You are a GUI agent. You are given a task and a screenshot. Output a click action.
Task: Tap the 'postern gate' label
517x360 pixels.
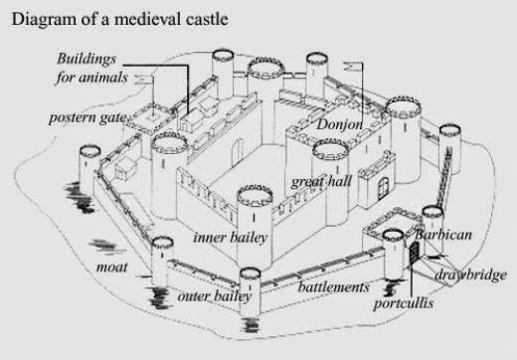90,118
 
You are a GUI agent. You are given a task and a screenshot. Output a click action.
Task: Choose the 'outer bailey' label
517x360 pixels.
214,295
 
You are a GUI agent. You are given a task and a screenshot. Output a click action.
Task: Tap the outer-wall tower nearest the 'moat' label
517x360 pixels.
161,261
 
